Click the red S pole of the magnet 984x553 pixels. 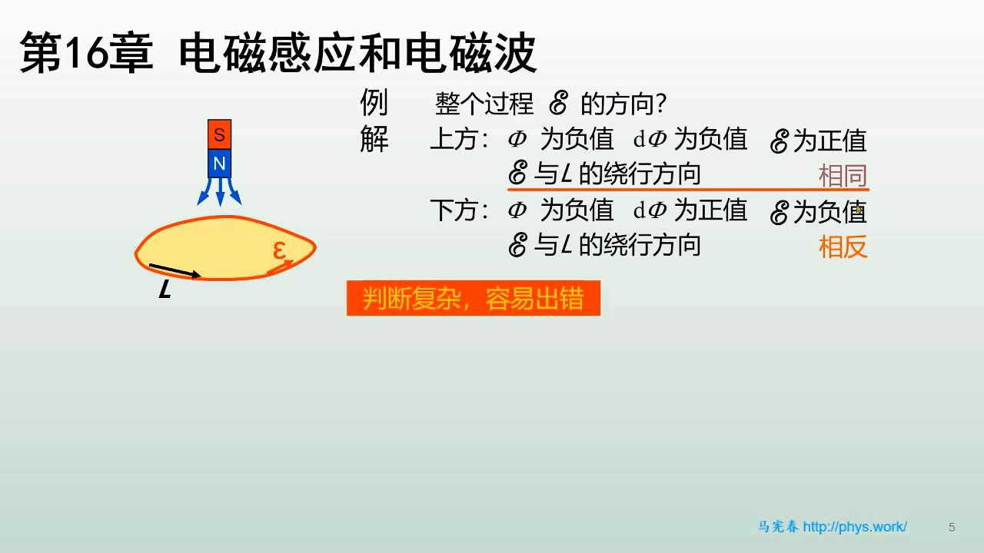click(219, 134)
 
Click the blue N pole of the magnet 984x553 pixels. click(219, 164)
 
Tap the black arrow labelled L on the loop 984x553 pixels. click(175, 270)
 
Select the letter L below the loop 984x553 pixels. click(165, 290)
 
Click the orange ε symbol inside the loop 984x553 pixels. click(279, 250)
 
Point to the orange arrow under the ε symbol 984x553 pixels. click(280, 268)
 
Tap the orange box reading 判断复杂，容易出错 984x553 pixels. click(473, 299)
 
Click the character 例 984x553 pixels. click(374, 102)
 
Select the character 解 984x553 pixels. click(374, 139)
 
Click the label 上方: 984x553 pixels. click(459, 139)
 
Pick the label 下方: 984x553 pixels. click(459, 210)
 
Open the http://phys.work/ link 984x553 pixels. click(855, 527)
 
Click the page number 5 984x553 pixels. click(952, 527)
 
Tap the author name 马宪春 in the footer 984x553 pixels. click(777, 527)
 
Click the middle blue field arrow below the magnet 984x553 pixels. click(220, 193)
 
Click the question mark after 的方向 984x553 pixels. click(660, 104)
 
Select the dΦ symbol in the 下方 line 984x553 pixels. click(650, 210)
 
